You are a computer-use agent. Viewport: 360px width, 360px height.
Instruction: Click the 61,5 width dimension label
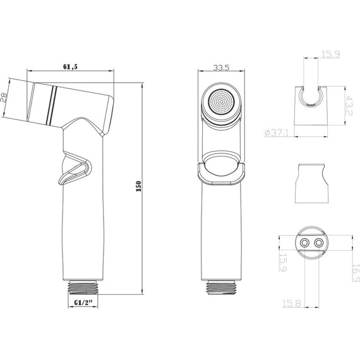point(71,66)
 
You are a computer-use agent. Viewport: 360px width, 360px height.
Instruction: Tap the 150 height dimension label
point(138,186)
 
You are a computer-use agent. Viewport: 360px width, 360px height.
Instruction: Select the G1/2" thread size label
point(83,303)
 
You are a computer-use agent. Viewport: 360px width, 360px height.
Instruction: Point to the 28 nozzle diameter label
point(3,97)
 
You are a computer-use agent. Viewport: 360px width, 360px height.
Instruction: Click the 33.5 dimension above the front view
point(221,68)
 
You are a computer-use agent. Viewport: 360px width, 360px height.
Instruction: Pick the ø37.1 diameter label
point(276,133)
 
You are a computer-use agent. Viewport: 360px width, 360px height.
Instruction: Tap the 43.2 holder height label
point(349,105)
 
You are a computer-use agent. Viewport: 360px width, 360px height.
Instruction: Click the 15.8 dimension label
point(291,303)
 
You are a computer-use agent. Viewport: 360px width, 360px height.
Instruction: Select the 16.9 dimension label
point(356,273)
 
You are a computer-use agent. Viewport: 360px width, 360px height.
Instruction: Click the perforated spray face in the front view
point(221,102)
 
